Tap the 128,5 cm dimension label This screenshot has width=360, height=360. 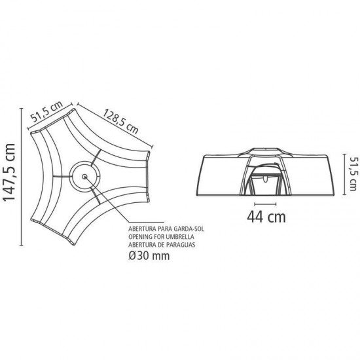pos(120,122)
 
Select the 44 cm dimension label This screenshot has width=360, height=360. pos(266,217)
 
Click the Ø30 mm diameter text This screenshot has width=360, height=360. pos(149,255)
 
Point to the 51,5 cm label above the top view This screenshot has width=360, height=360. pos(46,111)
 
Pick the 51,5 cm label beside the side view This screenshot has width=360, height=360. pos(353,174)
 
